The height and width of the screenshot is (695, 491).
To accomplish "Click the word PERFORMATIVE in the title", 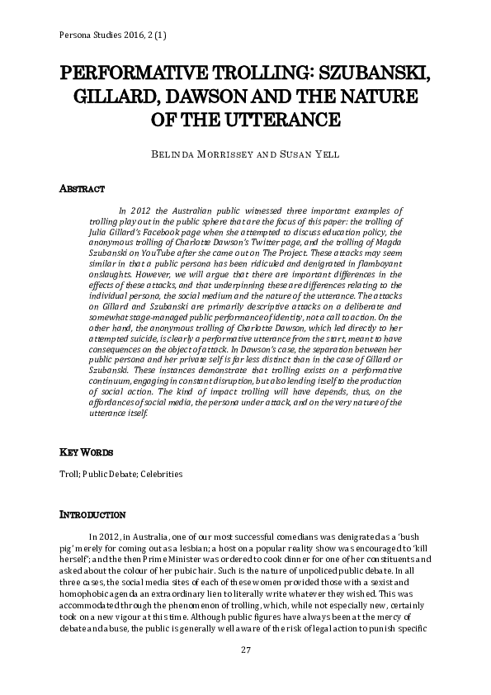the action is (130, 74).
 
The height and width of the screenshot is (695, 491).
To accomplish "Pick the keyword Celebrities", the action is (163, 475).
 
